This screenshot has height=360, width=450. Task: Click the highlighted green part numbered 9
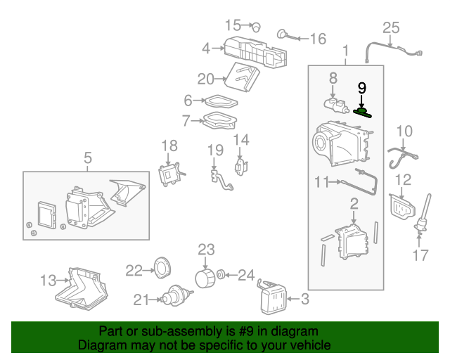363,111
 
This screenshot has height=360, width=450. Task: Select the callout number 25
390,28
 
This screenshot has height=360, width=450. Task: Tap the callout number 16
318,39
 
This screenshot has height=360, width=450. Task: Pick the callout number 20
205,78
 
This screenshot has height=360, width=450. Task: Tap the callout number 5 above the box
87,159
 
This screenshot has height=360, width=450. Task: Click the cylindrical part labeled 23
205,277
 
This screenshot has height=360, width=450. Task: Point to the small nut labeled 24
221,274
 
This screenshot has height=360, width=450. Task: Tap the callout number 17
420,255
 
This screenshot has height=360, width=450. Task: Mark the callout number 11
322,182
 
